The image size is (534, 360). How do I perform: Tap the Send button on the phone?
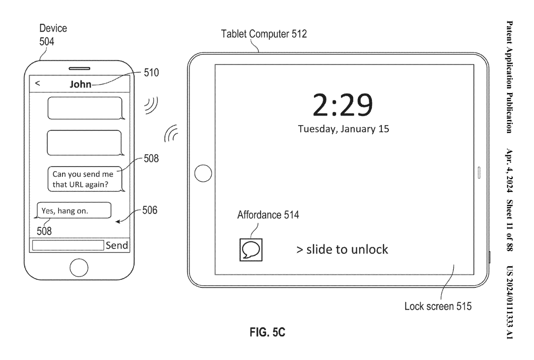pyautogui.click(x=117, y=245)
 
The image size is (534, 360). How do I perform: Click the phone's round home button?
pyautogui.click(x=79, y=268)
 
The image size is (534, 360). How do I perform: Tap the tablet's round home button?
pyautogui.click(x=203, y=173)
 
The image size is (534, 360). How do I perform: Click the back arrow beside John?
pyautogui.click(x=38, y=83)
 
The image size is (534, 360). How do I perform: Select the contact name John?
pyautogui.click(x=80, y=84)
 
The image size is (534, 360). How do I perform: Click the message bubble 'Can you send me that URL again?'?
pyautogui.click(x=86, y=179)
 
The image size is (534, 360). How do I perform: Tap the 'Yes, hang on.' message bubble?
pyautogui.click(x=73, y=211)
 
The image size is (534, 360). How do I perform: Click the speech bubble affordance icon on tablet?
pyautogui.click(x=251, y=250)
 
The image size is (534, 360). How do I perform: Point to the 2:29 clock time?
pyautogui.click(x=343, y=105)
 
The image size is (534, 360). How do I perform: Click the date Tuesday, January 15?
pyautogui.click(x=343, y=129)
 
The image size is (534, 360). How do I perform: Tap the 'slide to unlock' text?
pyautogui.click(x=342, y=249)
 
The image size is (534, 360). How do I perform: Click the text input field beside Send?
pyautogui.click(x=68, y=245)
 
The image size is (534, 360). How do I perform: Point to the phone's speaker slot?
pyautogui.click(x=79, y=69)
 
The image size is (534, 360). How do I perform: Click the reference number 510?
pyautogui.click(x=151, y=73)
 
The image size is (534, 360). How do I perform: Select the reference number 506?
pyautogui.click(x=150, y=210)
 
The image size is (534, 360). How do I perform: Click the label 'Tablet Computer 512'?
pyautogui.click(x=264, y=34)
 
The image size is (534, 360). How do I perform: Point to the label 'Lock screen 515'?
pyautogui.click(x=438, y=306)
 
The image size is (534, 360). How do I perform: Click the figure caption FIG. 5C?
pyautogui.click(x=267, y=332)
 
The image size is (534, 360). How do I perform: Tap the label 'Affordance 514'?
pyautogui.click(x=268, y=215)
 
